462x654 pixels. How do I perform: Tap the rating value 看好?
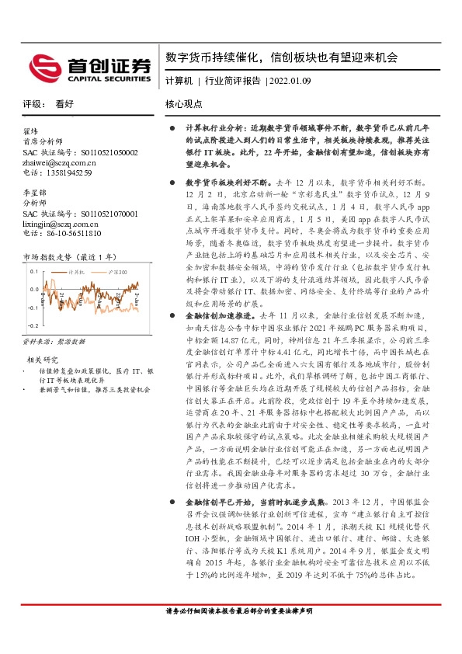coord(64,103)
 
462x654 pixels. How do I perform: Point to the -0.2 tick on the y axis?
coord(33,329)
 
